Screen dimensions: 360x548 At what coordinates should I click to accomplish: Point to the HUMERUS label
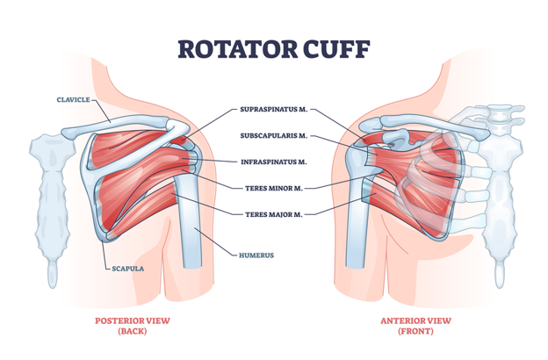pyautogui.click(x=257, y=256)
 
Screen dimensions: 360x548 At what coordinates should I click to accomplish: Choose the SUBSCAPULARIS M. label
pyautogui.click(x=273, y=136)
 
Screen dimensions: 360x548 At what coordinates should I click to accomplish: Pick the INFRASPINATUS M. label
pyautogui.click(x=273, y=162)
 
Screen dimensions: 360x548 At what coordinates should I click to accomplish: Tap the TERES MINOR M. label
pyautogui.click(x=273, y=187)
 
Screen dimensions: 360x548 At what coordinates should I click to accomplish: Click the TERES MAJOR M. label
pyautogui.click(x=273, y=212)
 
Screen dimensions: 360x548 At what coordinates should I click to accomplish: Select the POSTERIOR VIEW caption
pyautogui.click(x=133, y=320)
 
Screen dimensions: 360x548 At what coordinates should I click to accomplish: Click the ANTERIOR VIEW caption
pyautogui.click(x=415, y=320)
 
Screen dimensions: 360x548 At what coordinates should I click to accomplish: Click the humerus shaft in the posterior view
pyautogui.click(x=189, y=228)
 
